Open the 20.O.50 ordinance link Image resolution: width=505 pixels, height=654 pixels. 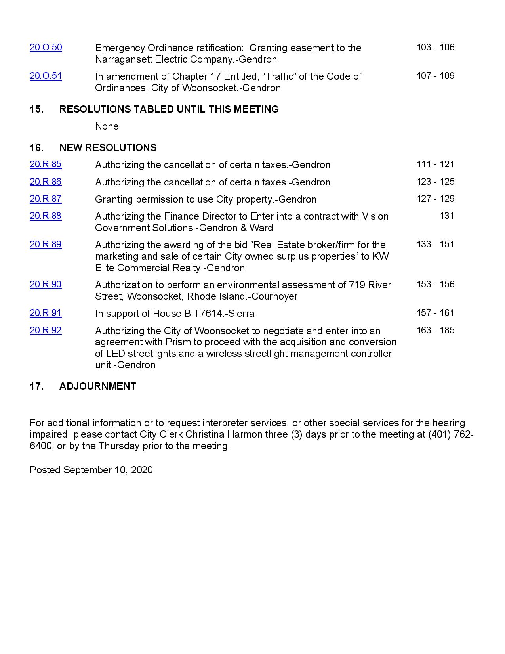coord(46,48)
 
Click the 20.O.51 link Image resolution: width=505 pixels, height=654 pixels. coord(46,76)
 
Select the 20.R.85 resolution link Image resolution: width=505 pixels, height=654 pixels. coord(46,164)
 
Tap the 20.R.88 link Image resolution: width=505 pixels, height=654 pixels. coord(46,216)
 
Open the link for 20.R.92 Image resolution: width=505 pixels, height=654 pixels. coord(46,331)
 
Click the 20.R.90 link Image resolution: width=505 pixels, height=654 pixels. coord(46,285)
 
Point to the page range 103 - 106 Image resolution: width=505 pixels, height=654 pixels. coord(435,48)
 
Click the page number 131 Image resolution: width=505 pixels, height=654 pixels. coord(447,216)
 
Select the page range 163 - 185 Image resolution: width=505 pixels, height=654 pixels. coord(435,331)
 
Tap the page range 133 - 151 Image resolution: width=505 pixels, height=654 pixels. coord(435,245)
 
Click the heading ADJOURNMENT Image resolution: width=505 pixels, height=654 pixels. coord(97,386)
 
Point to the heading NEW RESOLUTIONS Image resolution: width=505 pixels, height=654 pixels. coord(108,148)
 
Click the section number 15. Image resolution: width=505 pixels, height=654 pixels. coord(36,109)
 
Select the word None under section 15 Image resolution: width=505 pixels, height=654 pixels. coord(108,126)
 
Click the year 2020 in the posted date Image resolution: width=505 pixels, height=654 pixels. coord(141,470)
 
